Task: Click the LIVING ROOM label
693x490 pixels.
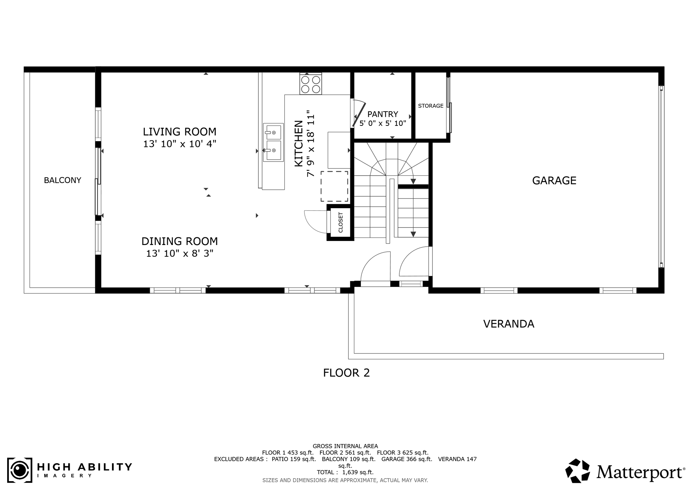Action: pyautogui.click(x=179, y=132)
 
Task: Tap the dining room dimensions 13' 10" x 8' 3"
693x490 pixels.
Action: pyautogui.click(x=179, y=253)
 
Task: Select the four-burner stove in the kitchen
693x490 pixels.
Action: pyautogui.click(x=311, y=84)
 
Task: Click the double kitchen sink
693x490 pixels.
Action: pyautogui.click(x=273, y=142)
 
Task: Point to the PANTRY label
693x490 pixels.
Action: pyautogui.click(x=383, y=114)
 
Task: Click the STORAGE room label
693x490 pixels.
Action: pyautogui.click(x=430, y=106)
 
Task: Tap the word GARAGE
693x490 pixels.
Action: pyautogui.click(x=554, y=180)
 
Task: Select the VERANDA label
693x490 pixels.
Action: pyautogui.click(x=509, y=324)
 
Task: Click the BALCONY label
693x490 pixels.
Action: pyautogui.click(x=63, y=180)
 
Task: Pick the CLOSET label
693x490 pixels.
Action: pyautogui.click(x=340, y=222)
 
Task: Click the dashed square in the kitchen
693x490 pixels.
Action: pyautogui.click(x=334, y=186)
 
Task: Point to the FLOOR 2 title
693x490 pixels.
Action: pyautogui.click(x=346, y=373)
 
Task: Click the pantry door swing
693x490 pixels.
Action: pyautogui.click(x=358, y=113)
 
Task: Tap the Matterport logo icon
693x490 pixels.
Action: pyautogui.click(x=577, y=470)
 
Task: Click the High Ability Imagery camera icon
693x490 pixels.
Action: pyautogui.click(x=20, y=470)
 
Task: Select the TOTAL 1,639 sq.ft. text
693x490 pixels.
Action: pyautogui.click(x=345, y=472)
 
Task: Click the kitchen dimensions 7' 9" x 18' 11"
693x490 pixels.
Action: pyautogui.click(x=310, y=143)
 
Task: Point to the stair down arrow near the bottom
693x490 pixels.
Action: pyautogui.click(x=413, y=234)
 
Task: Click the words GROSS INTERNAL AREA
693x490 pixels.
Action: pyautogui.click(x=345, y=446)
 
